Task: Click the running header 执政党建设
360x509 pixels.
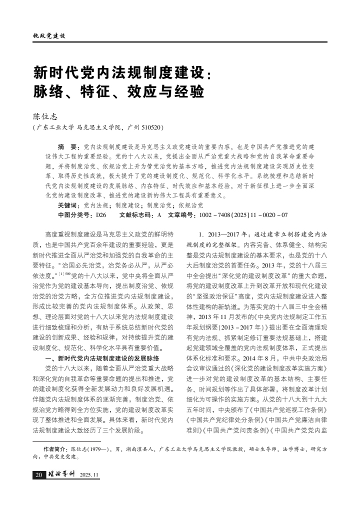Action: (48, 36)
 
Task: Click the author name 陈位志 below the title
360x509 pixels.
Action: (45, 116)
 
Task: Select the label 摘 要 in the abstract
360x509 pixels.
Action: (69, 147)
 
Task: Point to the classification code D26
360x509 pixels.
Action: (101, 214)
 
